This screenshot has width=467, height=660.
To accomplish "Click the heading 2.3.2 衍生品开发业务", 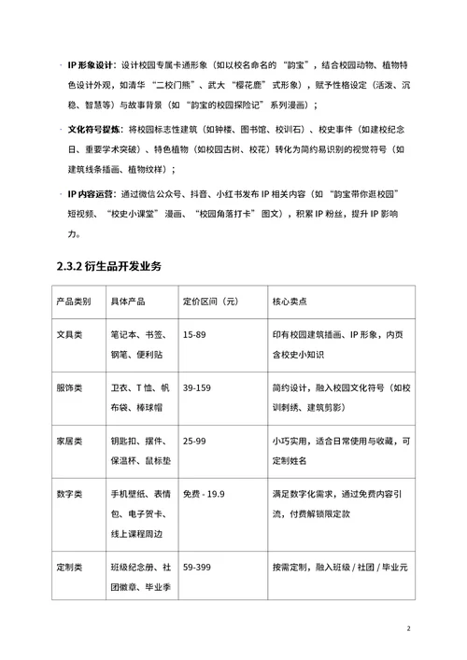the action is click(108, 267).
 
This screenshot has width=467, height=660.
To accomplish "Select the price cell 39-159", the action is click(199, 386).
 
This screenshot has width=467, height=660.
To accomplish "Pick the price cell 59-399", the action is click(199, 566).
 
